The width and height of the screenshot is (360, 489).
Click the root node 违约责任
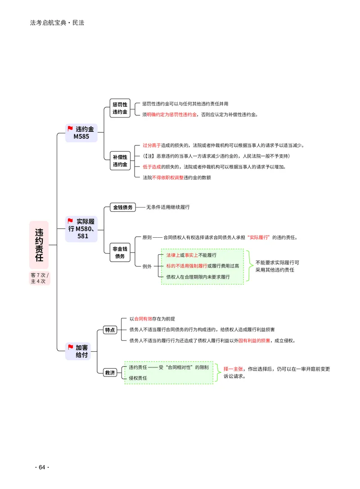39,245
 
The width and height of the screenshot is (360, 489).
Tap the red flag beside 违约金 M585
70,128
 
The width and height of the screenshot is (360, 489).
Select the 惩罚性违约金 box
120,108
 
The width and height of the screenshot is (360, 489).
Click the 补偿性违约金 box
120,161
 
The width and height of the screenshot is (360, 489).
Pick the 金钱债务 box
123,208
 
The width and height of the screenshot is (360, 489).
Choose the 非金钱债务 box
120,253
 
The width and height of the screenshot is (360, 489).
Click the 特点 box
110,330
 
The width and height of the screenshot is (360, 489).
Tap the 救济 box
110,373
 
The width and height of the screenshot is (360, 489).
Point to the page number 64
42,467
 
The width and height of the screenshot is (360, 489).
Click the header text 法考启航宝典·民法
57,23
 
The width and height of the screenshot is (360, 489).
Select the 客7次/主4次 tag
40,278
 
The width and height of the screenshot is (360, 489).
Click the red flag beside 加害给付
71,347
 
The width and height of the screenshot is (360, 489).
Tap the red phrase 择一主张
233,369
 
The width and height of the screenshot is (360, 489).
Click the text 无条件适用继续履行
168,207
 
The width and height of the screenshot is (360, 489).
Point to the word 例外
147,266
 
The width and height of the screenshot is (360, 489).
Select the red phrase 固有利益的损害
254,340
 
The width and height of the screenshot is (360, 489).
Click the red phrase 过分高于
152,145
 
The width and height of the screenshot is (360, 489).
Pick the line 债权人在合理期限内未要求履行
198,277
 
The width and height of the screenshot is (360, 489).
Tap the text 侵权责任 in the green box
138,378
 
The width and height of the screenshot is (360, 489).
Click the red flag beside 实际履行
71,221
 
